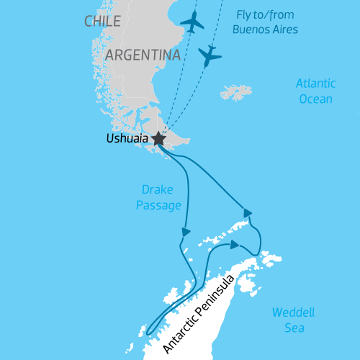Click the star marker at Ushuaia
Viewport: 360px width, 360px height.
point(158,140)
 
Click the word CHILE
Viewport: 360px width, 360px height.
point(102,22)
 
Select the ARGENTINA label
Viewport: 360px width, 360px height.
point(143,55)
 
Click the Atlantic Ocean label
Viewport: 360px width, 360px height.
point(315,91)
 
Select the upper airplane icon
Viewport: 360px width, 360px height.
point(193,22)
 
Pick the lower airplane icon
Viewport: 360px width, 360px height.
point(210,55)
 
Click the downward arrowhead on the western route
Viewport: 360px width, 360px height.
point(186,232)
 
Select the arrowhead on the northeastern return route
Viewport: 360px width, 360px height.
point(248,212)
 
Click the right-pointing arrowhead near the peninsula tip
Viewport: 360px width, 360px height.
point(235,244)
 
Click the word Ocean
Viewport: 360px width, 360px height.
point(315,99)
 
